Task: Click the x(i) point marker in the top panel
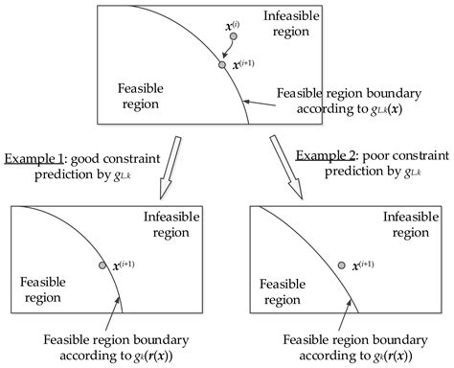pyautogui.click(x=233, y=36)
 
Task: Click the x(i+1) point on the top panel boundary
pyautogui.click(x=222, y=66)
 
